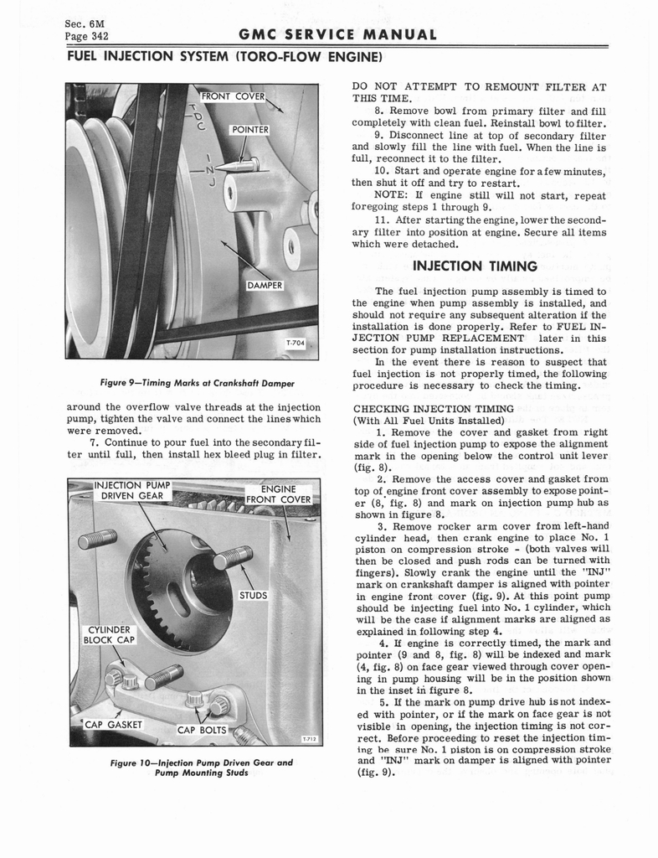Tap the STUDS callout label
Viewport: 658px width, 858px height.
253,597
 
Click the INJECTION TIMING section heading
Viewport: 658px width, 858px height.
475,266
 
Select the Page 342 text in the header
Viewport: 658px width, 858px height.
88,36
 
